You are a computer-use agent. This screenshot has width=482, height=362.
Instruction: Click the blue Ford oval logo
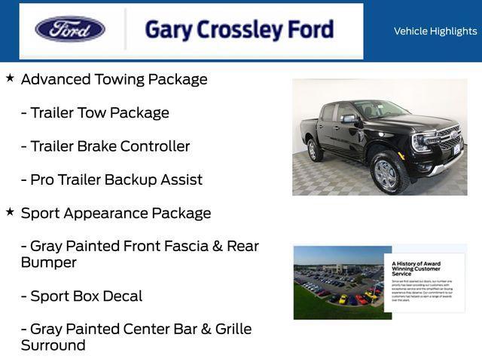[70, 29]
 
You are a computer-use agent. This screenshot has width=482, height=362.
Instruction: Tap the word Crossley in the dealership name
[243, 29]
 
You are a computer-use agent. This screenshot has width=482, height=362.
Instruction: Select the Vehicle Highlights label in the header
[435, 31]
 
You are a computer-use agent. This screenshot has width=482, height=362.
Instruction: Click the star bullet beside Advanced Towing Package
[10, 78]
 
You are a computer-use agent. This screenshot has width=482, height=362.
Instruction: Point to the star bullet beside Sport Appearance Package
[10, 212]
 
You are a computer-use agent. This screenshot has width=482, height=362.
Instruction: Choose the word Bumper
[49, 262]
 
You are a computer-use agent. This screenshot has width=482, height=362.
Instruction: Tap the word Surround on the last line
[53, 345]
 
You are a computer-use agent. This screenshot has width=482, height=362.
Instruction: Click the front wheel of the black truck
[387, 174]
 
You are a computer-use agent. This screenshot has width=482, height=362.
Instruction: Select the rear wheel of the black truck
[315, 150]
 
